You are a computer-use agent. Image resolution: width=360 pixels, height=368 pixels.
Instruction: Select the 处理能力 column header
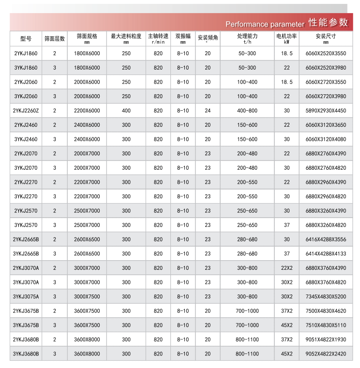247,38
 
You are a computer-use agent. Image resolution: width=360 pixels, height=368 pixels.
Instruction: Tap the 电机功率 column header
286,38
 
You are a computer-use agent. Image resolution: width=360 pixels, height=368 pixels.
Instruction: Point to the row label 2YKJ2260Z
26,111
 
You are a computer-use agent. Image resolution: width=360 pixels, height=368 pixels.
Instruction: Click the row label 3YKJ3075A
26,296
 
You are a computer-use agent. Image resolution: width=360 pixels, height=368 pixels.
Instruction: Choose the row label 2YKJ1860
26,53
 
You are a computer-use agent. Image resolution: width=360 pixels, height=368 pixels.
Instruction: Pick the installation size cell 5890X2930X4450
326,111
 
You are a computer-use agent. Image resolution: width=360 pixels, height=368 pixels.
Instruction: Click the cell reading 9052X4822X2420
326,354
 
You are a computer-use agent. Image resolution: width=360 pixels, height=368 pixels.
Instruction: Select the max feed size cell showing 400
126,111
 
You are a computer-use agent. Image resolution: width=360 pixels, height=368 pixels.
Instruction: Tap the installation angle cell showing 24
208,111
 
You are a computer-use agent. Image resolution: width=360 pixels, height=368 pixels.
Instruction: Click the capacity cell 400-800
247,111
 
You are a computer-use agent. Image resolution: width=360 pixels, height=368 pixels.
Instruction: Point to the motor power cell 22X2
286,268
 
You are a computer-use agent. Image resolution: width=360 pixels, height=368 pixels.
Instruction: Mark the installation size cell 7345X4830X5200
326,296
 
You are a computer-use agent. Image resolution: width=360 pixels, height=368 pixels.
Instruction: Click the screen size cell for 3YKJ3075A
87,296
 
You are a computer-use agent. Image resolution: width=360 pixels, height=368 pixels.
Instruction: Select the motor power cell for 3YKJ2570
286,225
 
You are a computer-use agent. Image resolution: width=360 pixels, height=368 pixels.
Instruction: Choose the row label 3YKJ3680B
26,354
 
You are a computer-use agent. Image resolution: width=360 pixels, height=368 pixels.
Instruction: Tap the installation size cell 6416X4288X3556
326,239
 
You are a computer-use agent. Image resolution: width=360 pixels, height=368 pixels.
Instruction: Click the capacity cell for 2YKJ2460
247,125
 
